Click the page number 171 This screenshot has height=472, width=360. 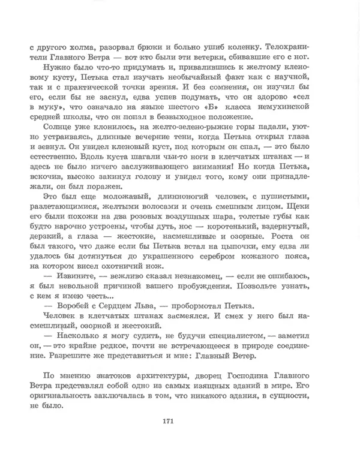[168, 421]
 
